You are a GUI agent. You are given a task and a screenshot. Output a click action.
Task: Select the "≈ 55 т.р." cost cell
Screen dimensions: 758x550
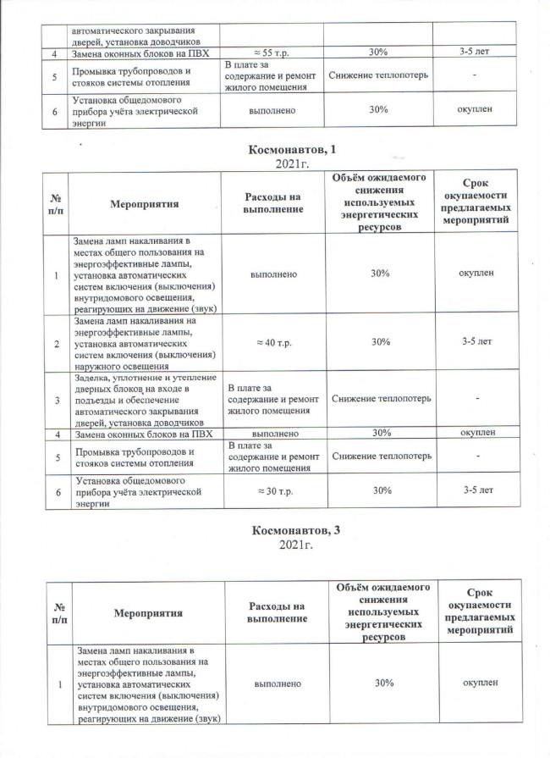[273, 53]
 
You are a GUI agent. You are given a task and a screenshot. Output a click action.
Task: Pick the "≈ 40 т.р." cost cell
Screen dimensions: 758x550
[273, 342]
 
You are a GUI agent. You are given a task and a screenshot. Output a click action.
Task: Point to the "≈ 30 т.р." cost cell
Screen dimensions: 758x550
[273, 490]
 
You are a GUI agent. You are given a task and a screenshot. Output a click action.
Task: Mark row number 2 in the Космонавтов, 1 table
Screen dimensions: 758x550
[56, 342]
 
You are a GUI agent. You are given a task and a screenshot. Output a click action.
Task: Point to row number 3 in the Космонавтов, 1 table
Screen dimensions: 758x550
[56, 398]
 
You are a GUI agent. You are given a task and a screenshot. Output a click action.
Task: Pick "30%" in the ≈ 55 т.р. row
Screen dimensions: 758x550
[378, 53]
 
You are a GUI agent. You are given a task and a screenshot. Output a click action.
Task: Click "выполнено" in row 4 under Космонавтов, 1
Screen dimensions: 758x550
[273, 434]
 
